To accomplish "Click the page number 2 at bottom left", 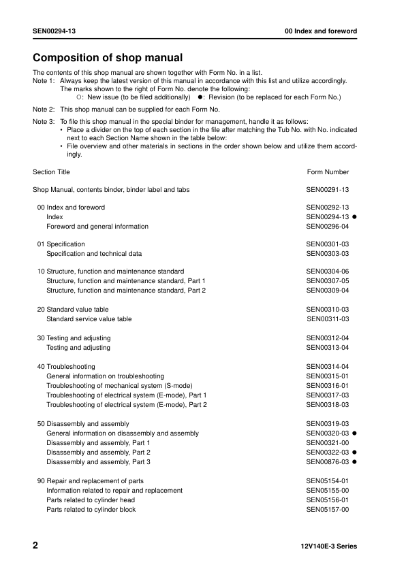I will pyautogui.click(x=36, y=546).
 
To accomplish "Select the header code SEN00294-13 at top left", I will pyautogui.click(x=54, y=31).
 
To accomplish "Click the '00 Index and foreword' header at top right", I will pyautogui.click(x=321, y=31).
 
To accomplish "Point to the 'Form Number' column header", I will pyautogui.click(x=328, y=172).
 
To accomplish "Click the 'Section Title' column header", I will pyautogui.click(x=51, y=172).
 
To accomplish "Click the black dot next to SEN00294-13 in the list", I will pyautogui.click(x=355, y=217).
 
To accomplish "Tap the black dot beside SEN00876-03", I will pyautogui.click(x=355, y=462).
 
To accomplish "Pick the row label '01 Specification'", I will pyautogui.click(x=61, y=244).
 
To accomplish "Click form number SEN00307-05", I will pyautogui.click(x=328, y=281).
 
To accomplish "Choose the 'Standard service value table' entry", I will pyautogui.click(x=89, y=319).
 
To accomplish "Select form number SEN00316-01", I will pyautogui.click(x=328, y=386).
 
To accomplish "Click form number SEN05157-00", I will pyautogui.click(x=328, y=510).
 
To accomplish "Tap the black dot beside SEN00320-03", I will pyautogui.click(x=355, y=433).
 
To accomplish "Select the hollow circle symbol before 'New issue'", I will pyautogui.click(x=78, y=97).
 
